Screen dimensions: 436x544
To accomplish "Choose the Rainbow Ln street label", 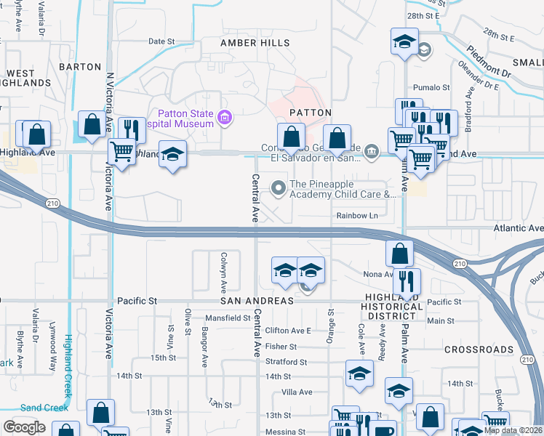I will click(358, 216).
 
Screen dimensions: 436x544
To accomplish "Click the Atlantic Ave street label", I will click(516, 228).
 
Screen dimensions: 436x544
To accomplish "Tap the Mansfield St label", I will click(227, 318).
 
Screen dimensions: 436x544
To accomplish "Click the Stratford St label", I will click(284, 361).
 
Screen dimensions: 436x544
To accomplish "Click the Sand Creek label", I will click(44, 408).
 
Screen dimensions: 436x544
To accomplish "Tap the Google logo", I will click(24, 427).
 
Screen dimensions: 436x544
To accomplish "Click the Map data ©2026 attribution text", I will click(513, 430).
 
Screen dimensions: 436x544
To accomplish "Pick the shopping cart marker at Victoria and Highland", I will click(121, 153).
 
